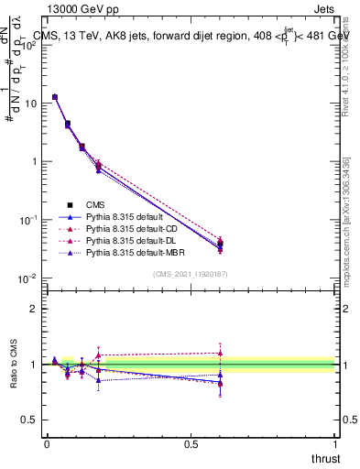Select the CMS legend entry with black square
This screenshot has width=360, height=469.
coord(95,205)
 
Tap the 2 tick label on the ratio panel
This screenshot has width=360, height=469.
coord(35,309)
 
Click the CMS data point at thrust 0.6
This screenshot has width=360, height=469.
coord(220,245)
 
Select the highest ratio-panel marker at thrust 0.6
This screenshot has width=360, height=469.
coord(220,353)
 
